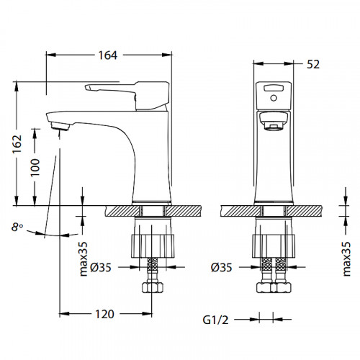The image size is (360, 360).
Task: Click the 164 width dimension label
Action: coord(108,55)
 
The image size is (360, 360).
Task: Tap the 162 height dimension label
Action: coord(17,144)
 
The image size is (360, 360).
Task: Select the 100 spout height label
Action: coord(35,167)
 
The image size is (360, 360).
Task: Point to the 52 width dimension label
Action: coord(313,64)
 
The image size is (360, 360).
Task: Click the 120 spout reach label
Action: coord(104,314)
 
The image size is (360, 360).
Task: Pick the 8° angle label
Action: coord(17,227)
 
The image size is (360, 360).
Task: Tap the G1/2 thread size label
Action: coord(216,320)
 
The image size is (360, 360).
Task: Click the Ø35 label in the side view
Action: coord(101,267)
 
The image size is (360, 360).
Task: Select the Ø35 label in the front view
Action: coord(222,267)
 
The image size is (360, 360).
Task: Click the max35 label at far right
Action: coord(346,259)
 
